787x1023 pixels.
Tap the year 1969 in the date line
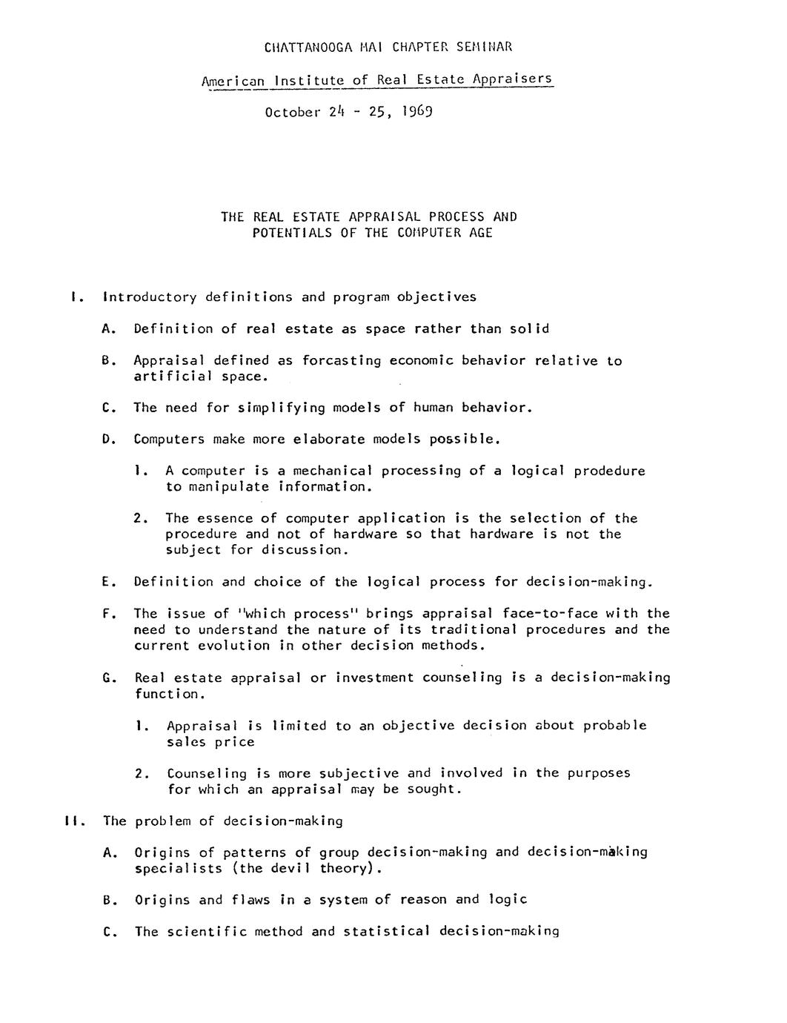[x=417, y=112]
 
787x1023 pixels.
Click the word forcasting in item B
[x=342, y=361]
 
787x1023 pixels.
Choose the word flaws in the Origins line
[x=251, y=900]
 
